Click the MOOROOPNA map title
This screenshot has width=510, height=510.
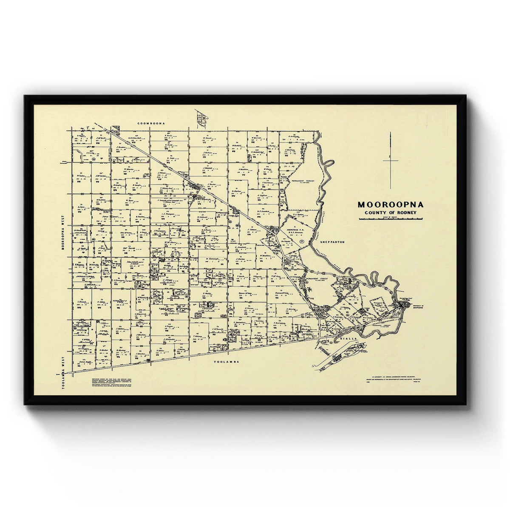tap(390, 204)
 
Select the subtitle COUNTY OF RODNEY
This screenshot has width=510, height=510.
tap(390, 212)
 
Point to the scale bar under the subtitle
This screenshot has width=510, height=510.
tap(390, 218)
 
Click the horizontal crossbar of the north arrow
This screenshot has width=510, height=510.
tap(390, 160)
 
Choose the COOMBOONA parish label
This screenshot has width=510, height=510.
tap(151, 123)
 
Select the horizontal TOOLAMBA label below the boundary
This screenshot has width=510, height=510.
tap(225, 362)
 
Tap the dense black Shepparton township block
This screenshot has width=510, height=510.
tap(402, 305)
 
